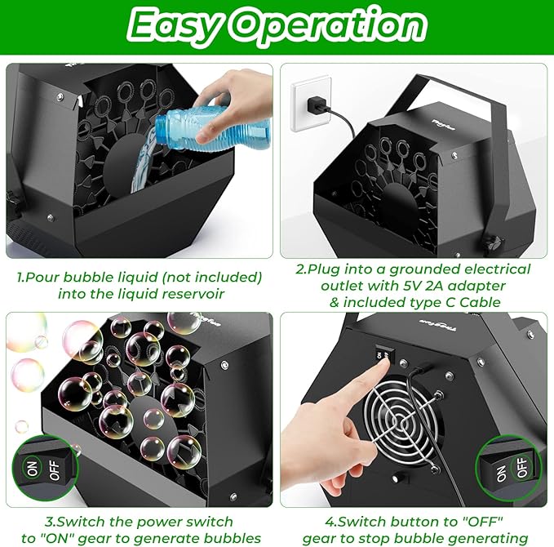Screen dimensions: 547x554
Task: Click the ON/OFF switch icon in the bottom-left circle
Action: click(x=42, y=470)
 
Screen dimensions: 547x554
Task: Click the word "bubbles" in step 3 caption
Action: click(x=233, y=537)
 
